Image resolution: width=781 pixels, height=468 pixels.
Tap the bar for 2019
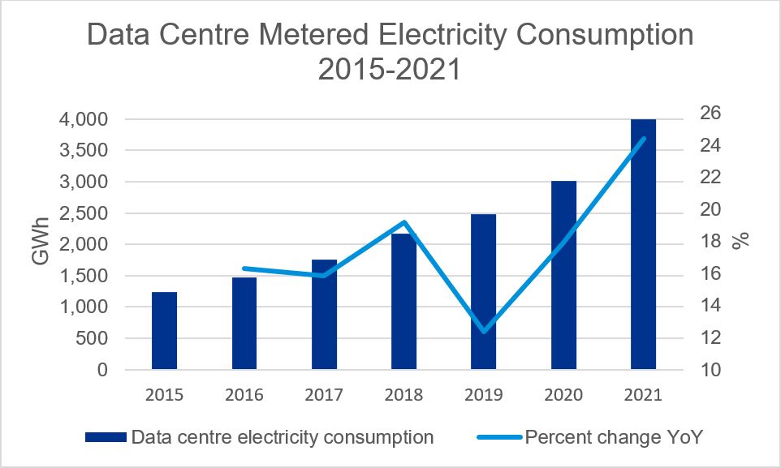[x=483, y=292]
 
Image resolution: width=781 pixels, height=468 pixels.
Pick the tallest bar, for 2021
[x=643, y=244]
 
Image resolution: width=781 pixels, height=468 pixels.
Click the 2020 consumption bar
[x=563, y=275]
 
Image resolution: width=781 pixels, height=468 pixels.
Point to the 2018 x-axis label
[x=403, y=396]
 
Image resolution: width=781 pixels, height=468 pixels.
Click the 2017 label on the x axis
[x=324, y=396]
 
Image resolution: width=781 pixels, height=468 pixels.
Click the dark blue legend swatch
[x=105, y=437]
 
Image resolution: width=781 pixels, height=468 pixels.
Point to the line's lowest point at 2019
[x=483, y=331]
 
